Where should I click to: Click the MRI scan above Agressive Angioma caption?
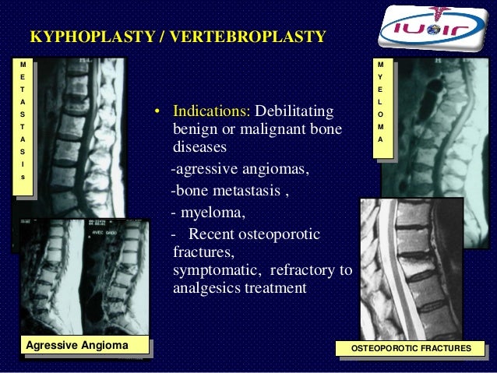(x=83, y=276)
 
